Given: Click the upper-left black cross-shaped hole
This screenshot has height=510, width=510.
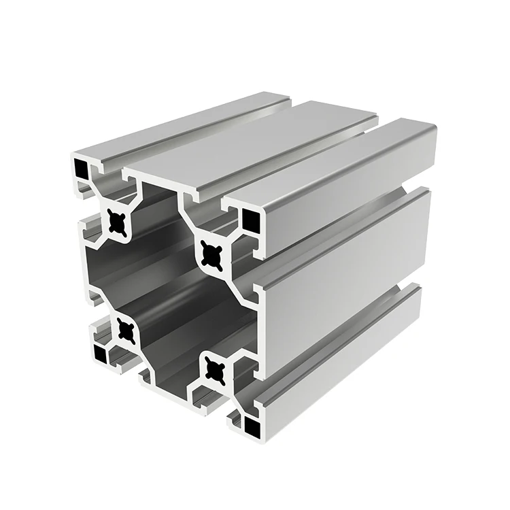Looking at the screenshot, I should (118, 222).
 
